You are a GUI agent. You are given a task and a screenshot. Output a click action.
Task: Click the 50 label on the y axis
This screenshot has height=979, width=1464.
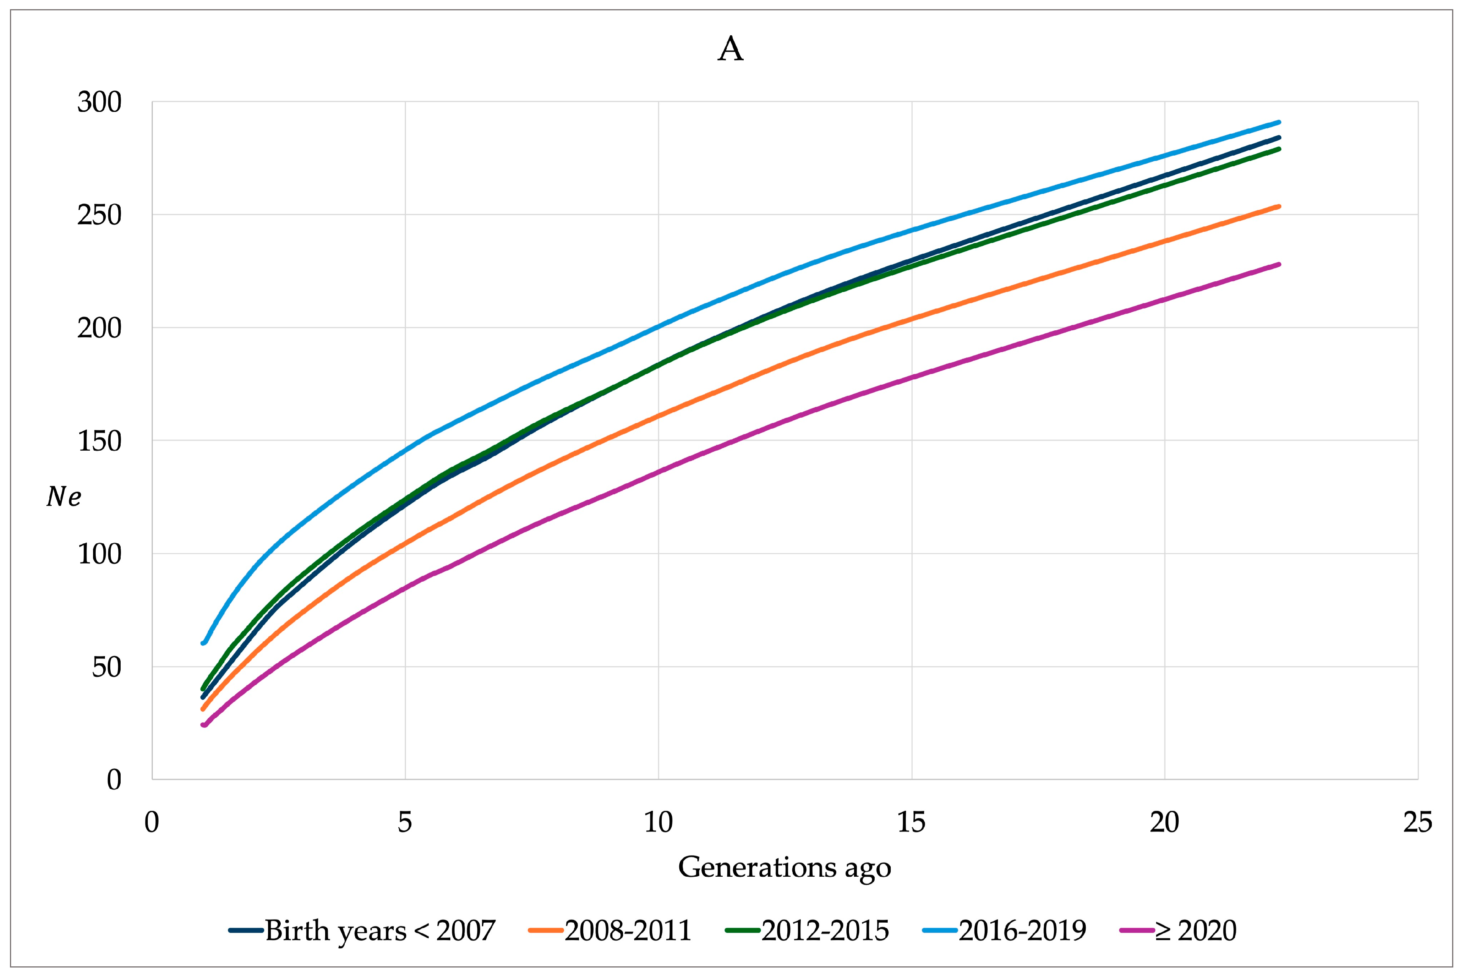(x=107, y=667)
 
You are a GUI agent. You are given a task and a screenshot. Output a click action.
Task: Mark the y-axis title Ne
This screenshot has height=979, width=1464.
(x=64, y=496)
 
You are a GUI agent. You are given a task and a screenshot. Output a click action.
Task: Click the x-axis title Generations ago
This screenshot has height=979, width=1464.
(x=784, y=867)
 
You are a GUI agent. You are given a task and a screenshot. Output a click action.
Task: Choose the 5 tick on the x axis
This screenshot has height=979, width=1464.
(x=405, y=822)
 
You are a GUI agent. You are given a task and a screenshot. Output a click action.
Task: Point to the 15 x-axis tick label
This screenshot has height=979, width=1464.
(x=911, y=822)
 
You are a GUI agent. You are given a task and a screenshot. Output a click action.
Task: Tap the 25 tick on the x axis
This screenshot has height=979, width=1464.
(x=1417, y=822)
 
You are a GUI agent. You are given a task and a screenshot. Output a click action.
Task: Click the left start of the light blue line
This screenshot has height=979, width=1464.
(x=203, y=643)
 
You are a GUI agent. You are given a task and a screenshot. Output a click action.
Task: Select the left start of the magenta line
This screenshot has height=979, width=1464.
(x=203, y=725)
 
